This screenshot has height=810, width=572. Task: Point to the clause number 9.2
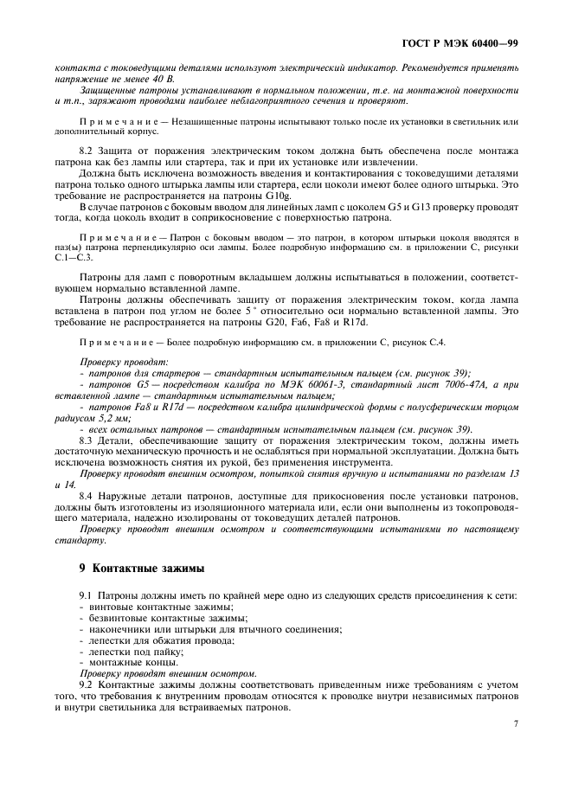click(x=87, y=685)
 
